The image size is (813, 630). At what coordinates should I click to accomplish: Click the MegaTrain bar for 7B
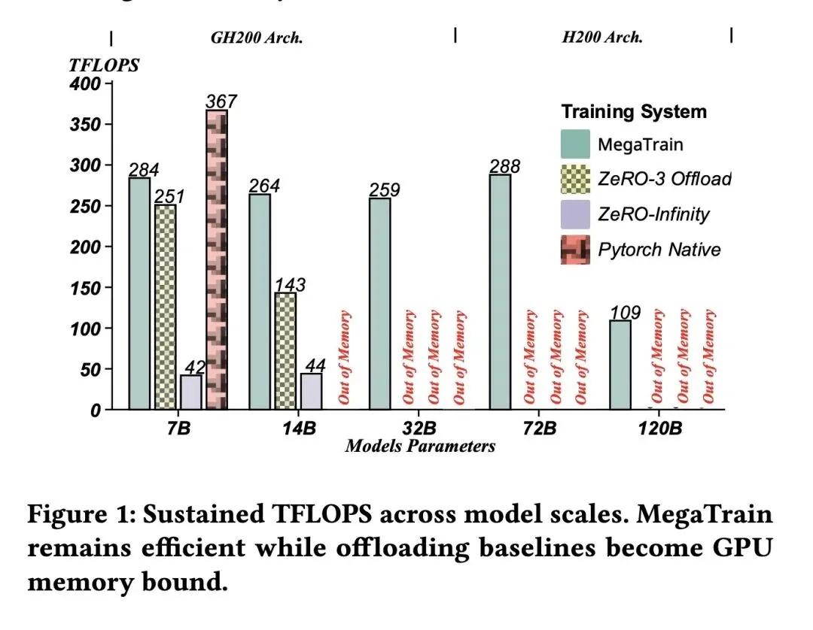[139, 294]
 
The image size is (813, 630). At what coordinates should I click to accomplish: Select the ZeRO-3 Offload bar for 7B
[165, 307]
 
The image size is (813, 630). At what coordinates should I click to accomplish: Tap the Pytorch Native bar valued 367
[217, 260]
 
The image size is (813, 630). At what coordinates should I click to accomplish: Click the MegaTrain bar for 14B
[260, 302]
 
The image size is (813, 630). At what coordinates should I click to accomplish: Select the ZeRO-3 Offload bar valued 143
[285, 351]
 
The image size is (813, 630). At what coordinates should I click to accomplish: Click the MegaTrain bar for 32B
[380, 304]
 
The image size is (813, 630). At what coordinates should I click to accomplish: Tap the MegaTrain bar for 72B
[500, 292]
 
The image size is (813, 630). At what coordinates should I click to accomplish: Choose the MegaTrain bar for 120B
[620, 365]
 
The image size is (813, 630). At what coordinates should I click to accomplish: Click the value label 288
[504, 166]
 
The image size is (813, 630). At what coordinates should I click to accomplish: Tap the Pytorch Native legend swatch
[576, 250]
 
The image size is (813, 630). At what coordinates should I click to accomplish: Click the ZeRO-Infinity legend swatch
[576, 214]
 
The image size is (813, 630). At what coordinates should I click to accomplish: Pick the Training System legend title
[634, 112]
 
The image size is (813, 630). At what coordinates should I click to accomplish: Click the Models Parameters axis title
[420, 447]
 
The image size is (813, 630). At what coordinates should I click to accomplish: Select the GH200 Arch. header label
[256, 38]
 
